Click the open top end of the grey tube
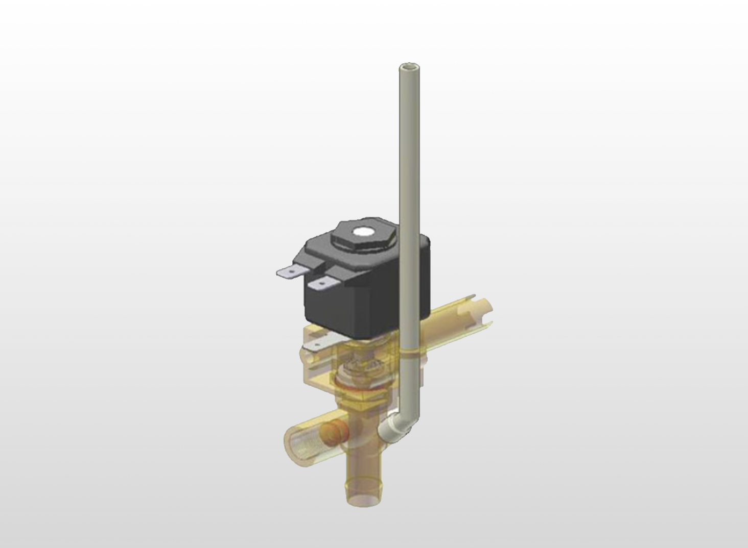tap(406, 67)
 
